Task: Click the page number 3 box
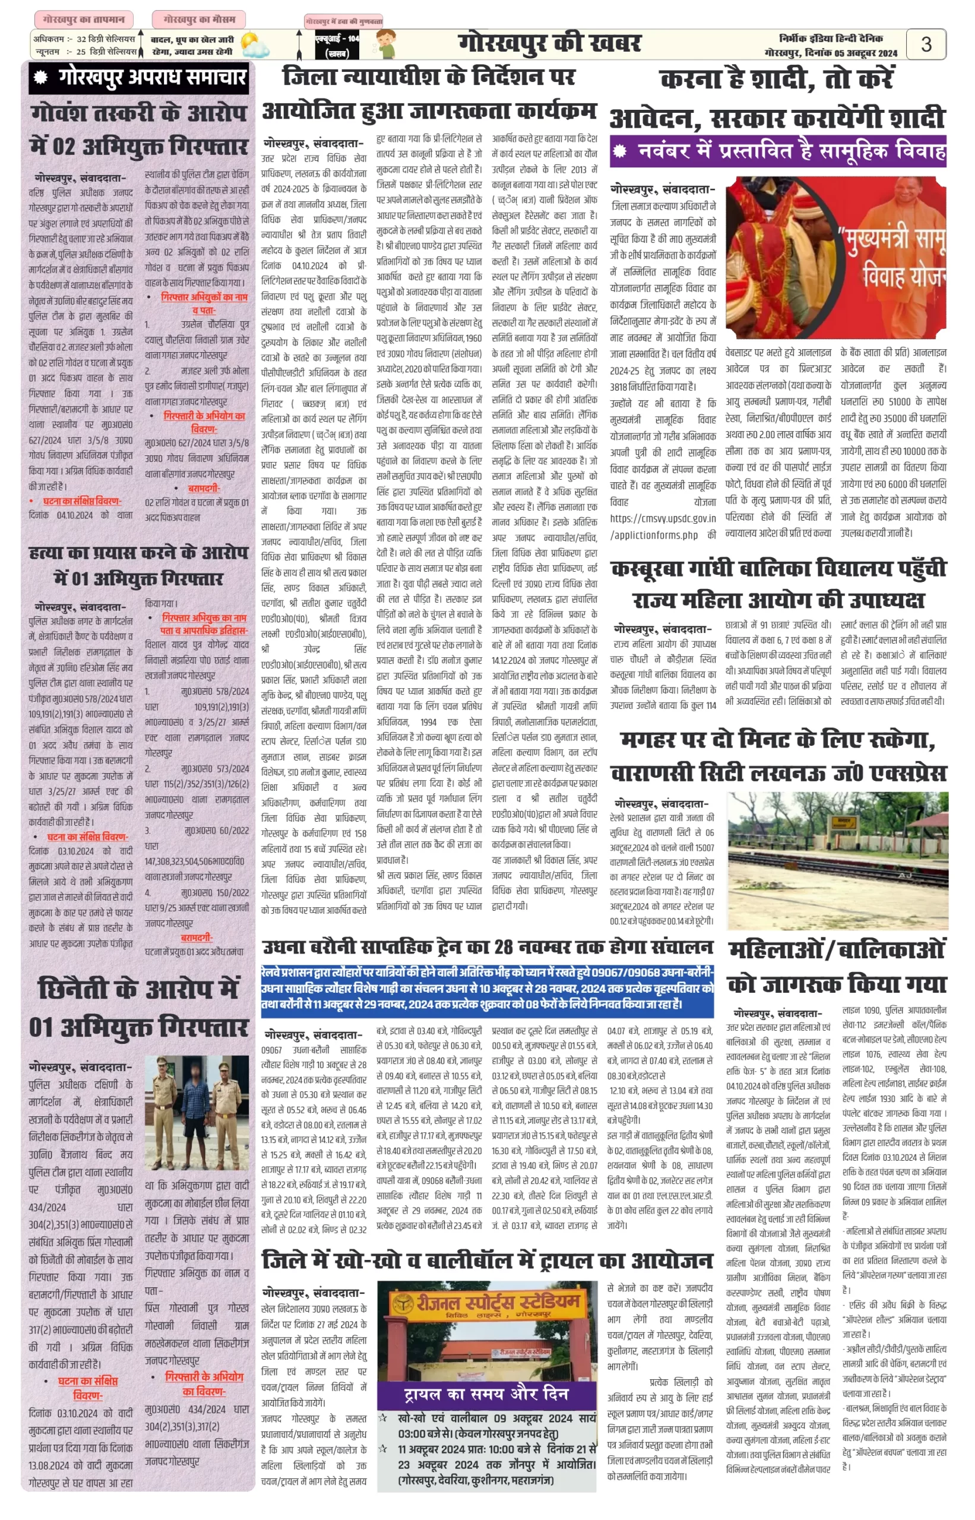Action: point(926,45)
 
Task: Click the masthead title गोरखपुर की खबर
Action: point(549,44)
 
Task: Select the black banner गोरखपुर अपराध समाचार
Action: point(139,78)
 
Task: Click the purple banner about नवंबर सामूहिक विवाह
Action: point(777,151)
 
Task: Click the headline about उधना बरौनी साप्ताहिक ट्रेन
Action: point(487,948)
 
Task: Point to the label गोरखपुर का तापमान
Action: point(84,20)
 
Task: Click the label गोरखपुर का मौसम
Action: point(198,20)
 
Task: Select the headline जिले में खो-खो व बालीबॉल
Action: point(487,1261)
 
